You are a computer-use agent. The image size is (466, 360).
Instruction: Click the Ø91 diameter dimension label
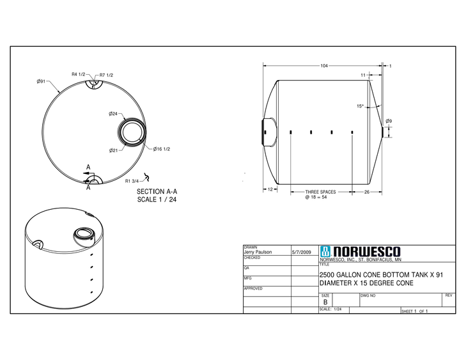tap(40, 81)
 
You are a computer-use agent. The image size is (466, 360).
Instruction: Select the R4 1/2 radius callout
tap(78, 75)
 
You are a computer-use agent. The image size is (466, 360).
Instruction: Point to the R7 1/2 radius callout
tap(106, 75)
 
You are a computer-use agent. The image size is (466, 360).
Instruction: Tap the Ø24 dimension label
tap(113, 114)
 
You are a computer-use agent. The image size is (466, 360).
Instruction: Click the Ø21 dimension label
tap(113, 150)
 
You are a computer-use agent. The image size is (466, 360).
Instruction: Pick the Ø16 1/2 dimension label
tap(161, 149)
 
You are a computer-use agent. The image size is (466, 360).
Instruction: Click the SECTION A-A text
tap(157, 191)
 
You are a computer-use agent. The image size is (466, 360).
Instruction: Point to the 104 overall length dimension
tap(325, 66)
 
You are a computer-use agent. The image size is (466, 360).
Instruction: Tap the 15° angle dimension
tap(360, 106)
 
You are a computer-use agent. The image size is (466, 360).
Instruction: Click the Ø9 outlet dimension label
tap(389, 121)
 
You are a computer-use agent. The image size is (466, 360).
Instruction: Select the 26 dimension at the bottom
tap(367, 191)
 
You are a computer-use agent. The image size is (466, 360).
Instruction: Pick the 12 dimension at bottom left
tap(270, 190)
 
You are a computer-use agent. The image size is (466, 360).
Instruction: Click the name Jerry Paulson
tap(258, 252)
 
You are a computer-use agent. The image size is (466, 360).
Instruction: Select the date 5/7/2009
tap(300, 252)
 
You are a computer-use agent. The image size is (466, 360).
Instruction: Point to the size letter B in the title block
tap(325, 302)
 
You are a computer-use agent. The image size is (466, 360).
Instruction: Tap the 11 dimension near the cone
tap(363, 75)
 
